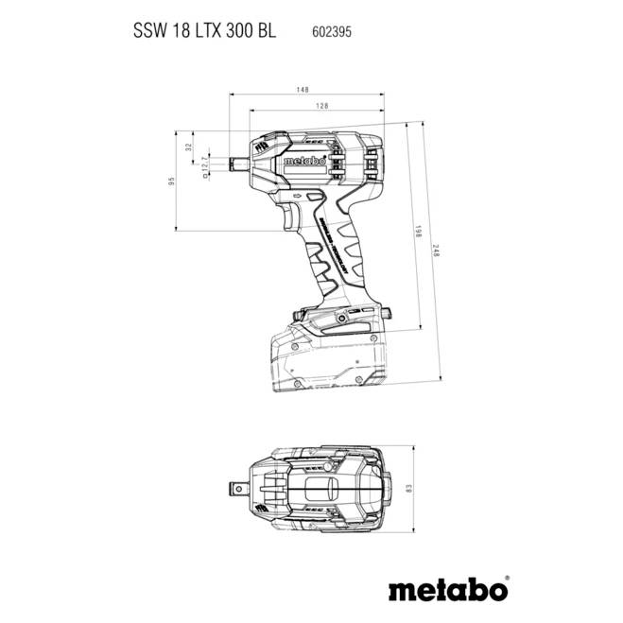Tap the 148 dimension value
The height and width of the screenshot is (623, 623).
[x=303, y=90]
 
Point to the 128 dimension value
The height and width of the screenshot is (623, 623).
[x=322, y=107]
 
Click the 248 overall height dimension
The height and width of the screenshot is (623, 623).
[x=437, y=251]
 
